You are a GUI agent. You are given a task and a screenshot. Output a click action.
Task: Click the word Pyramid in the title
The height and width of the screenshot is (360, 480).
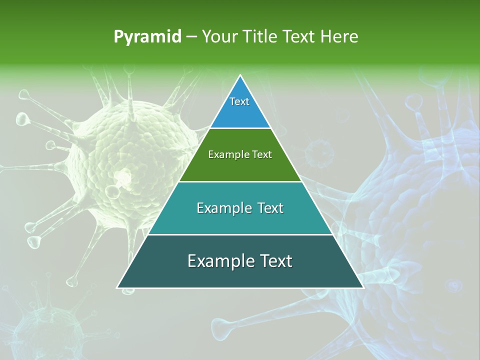click(147, 37)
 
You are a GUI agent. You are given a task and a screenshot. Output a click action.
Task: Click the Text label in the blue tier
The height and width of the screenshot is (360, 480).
click(239, 101)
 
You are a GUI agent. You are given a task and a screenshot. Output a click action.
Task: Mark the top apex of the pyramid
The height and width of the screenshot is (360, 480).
click(240, 75)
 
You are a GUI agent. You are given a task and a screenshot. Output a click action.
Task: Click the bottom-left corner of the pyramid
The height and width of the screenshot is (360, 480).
click(117, 287)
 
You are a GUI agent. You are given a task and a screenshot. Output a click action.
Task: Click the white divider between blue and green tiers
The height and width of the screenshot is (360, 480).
click(240, 128)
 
